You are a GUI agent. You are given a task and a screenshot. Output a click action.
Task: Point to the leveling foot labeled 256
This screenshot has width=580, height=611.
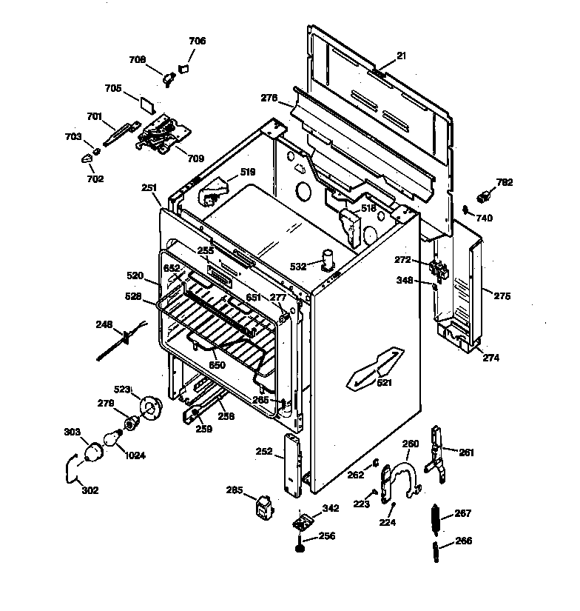pyautogui.click(x=300, y=548)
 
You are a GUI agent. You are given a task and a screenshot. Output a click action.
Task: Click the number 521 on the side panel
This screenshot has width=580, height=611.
pyautogui.click(x=385, y=383)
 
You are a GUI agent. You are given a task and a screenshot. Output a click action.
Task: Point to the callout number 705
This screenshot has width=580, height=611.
pyautogui.click(x=113, y=88)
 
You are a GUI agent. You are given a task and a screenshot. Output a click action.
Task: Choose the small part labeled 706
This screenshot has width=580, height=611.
pyautogui.click(x=183, y=67)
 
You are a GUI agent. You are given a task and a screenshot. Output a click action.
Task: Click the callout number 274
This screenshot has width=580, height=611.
pyautogui.click(x=491, y=358)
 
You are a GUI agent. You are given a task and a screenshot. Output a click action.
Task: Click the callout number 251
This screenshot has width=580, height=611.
pyautogui.click(x=149, y=188)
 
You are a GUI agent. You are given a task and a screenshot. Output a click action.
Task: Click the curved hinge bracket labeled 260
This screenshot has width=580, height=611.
pyautogui.click(x=403, y=480)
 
